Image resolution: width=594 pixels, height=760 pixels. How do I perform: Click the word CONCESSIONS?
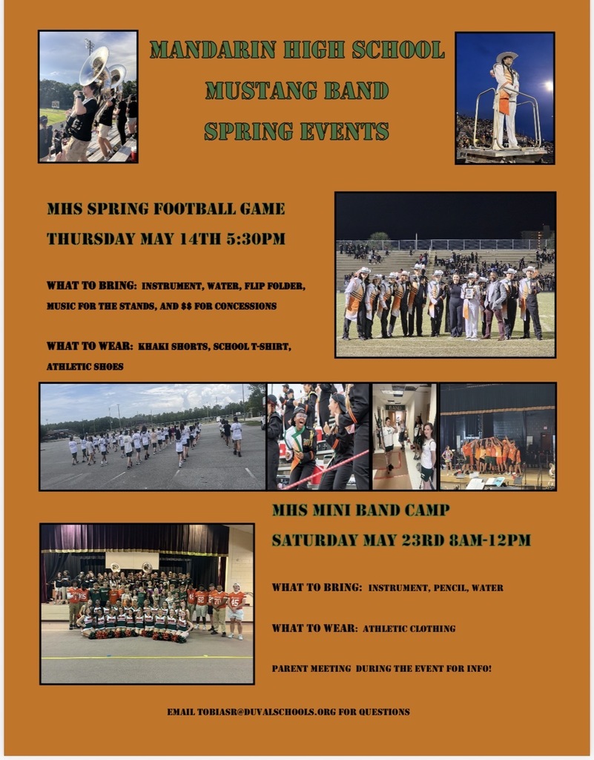(243, 306)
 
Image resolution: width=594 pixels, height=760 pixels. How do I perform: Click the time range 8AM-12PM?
(490, 540)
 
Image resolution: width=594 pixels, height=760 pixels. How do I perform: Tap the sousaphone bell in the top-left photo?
(94, 65)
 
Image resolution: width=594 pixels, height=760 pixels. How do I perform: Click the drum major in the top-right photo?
(506, 96)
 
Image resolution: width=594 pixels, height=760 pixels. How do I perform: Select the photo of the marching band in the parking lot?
(152, 436)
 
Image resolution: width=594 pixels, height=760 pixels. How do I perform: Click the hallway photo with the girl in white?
(404, 436)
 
